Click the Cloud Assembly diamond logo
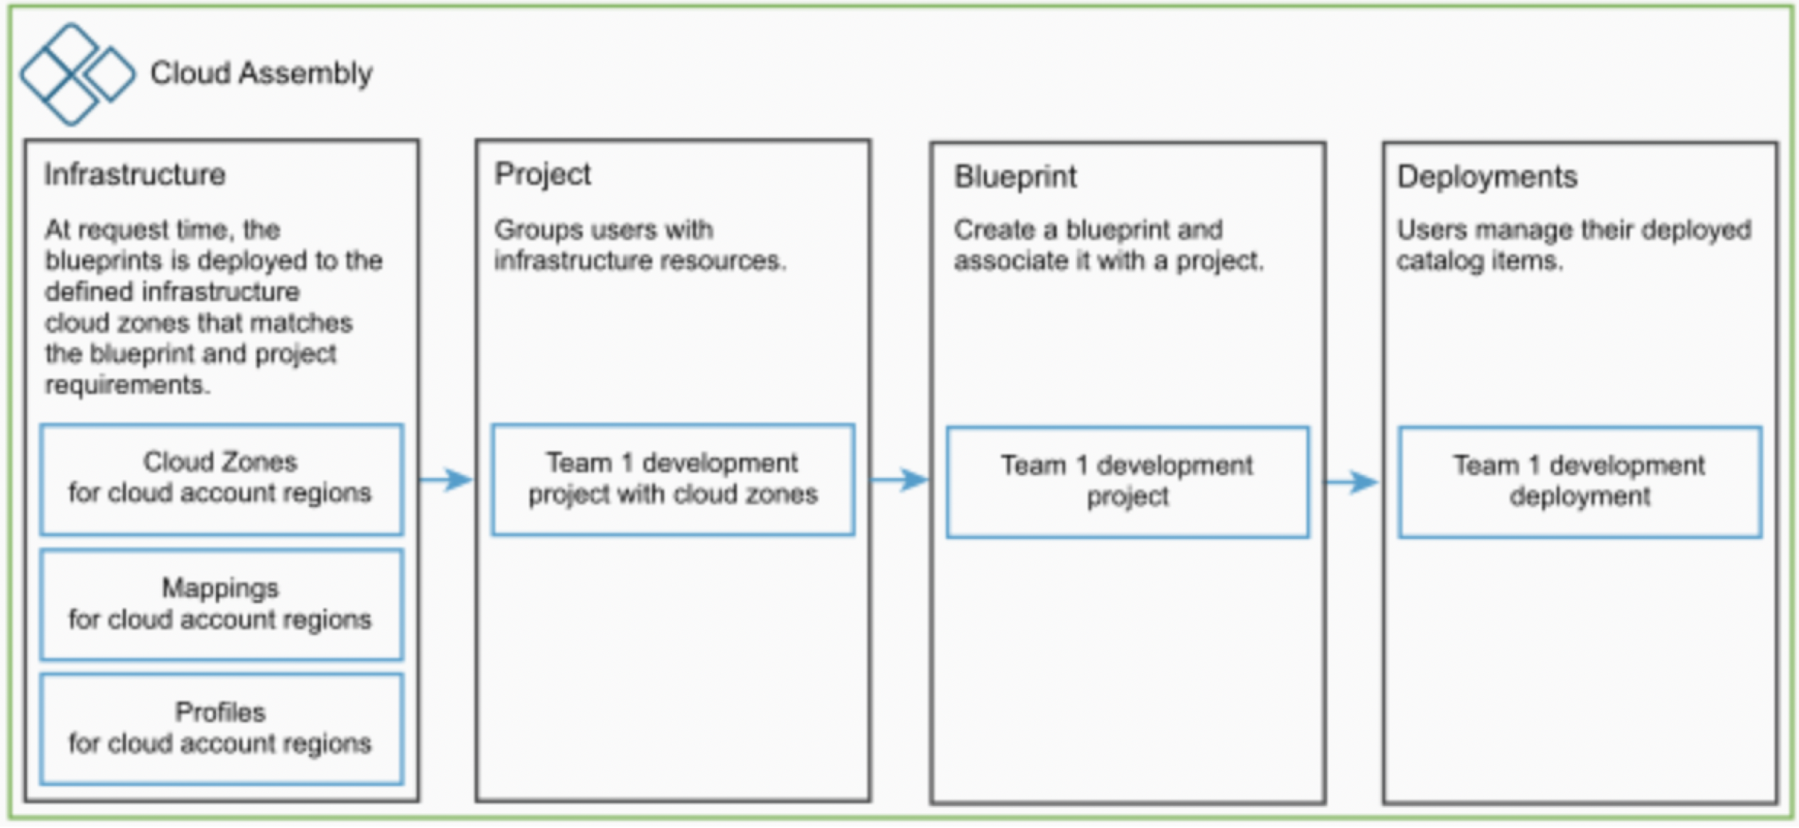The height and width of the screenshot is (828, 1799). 77,74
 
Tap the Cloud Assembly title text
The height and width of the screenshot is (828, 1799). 261,73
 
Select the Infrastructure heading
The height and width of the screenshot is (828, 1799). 134,175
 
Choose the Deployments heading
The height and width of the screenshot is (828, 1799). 1486,177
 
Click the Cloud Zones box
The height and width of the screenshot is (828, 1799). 222,479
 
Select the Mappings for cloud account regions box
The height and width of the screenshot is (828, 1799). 222,605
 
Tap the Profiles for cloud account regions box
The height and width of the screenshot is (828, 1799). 222,729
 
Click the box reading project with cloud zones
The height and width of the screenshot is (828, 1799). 673,480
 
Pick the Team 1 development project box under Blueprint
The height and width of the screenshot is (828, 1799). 1128,482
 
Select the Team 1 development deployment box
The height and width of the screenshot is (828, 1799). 1579,482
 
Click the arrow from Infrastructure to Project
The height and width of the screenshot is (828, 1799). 446,479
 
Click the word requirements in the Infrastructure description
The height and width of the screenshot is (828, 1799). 127,385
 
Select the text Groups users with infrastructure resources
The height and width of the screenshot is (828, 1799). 640,245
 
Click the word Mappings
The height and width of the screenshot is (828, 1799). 220,589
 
